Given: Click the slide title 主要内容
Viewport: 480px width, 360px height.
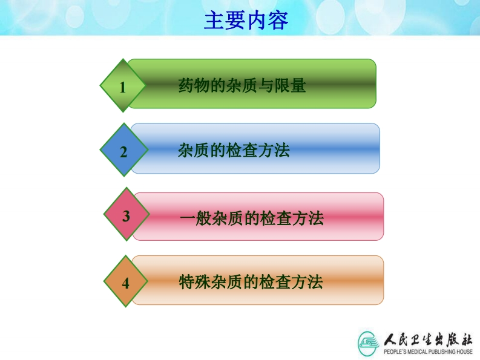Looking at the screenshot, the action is (246, 21).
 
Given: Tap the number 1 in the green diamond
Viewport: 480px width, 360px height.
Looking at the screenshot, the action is (122, 87).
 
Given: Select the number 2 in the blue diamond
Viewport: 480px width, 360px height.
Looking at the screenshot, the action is (123, 152).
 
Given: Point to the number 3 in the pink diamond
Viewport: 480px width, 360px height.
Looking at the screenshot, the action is (126, 216).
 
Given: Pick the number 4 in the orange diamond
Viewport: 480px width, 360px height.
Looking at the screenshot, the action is (125, 283).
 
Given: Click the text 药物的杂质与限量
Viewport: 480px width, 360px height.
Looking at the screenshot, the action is (242, 85).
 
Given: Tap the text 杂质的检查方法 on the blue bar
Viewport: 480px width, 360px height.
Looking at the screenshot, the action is (234, 150).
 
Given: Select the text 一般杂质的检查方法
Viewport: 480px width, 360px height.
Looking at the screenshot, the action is (252, 218).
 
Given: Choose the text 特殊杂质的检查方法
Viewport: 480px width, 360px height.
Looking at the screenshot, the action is (251, 282).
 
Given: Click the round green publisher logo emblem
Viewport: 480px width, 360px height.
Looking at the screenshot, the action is (369, 344).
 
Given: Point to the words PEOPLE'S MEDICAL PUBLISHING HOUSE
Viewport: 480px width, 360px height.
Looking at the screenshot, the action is (428, 352).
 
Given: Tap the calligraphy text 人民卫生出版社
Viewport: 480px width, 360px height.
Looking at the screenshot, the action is (428, 339).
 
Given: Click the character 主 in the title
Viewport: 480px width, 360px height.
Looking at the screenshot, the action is (214, 21).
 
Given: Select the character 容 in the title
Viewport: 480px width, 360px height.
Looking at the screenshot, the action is (278, 21).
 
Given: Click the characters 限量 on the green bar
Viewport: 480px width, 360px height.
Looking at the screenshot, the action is (290, 85).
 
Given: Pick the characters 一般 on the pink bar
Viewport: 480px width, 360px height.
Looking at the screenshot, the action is (196, 218).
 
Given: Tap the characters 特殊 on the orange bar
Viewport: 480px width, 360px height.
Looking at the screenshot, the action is (195, 282).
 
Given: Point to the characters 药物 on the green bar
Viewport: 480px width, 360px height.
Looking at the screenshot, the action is (194, 85).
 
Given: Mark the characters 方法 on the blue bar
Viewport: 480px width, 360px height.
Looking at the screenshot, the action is (274, 150).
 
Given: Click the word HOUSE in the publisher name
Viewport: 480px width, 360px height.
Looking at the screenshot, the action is (464, 352).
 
